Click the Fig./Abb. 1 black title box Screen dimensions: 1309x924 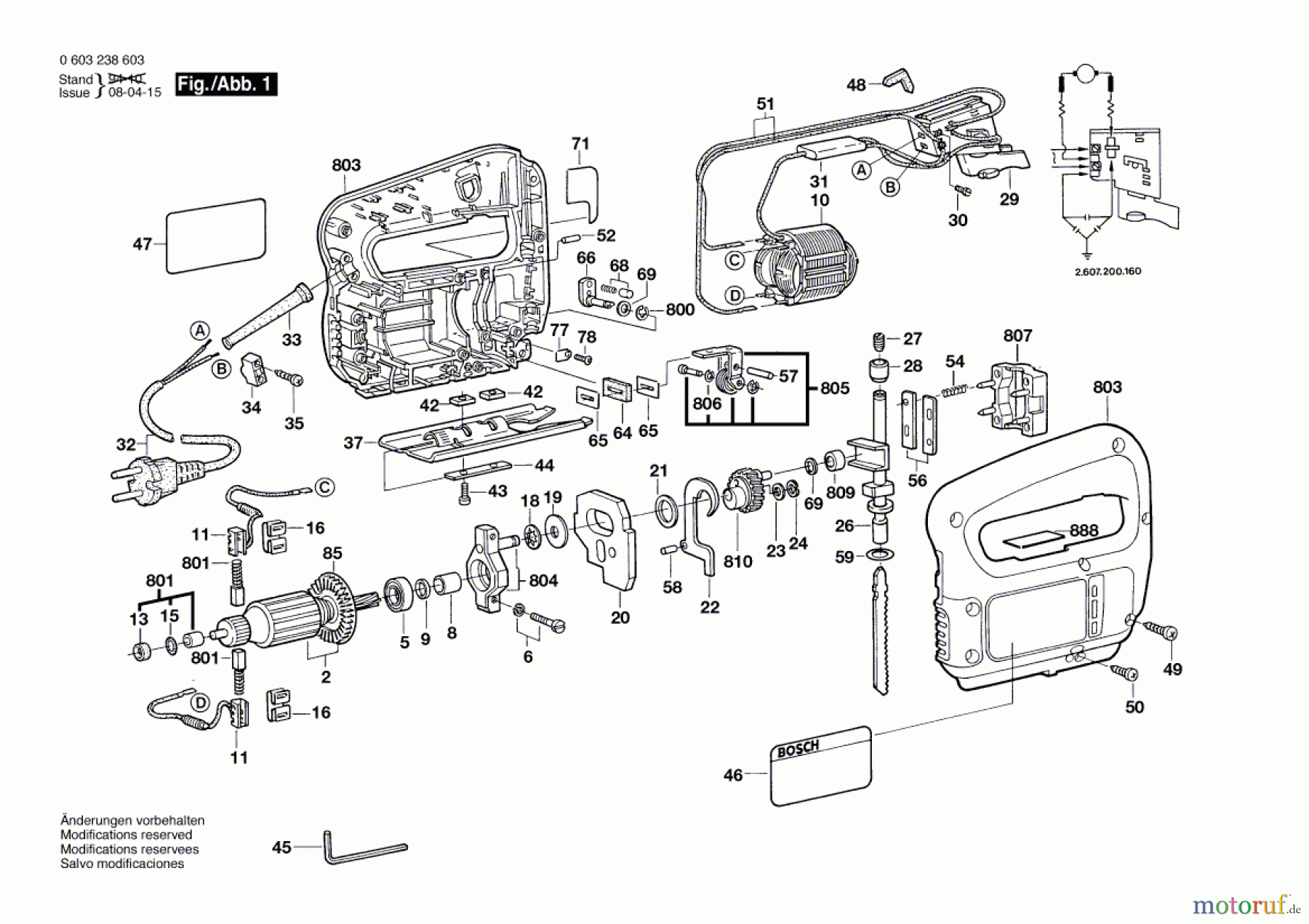click(x=226, y=84)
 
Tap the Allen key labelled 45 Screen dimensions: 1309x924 click(x=365, y=848)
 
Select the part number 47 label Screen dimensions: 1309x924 click(x=142, y=244)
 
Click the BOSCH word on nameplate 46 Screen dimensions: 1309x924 click(x=798, y=749)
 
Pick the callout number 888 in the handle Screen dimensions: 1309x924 click(x=1084, y=531)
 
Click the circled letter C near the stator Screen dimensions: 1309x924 click(x=735, y=260)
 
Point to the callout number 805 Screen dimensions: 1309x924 click(x=835, y=388)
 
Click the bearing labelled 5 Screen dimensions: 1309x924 click(x=398, y=594)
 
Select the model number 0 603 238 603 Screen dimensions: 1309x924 click(x=102, y=60)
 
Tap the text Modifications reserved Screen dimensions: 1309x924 click(x=127, y=835)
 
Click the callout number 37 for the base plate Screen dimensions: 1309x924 click(x=353, y=443)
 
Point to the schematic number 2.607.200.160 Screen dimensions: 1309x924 click(x=1108, y=271)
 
